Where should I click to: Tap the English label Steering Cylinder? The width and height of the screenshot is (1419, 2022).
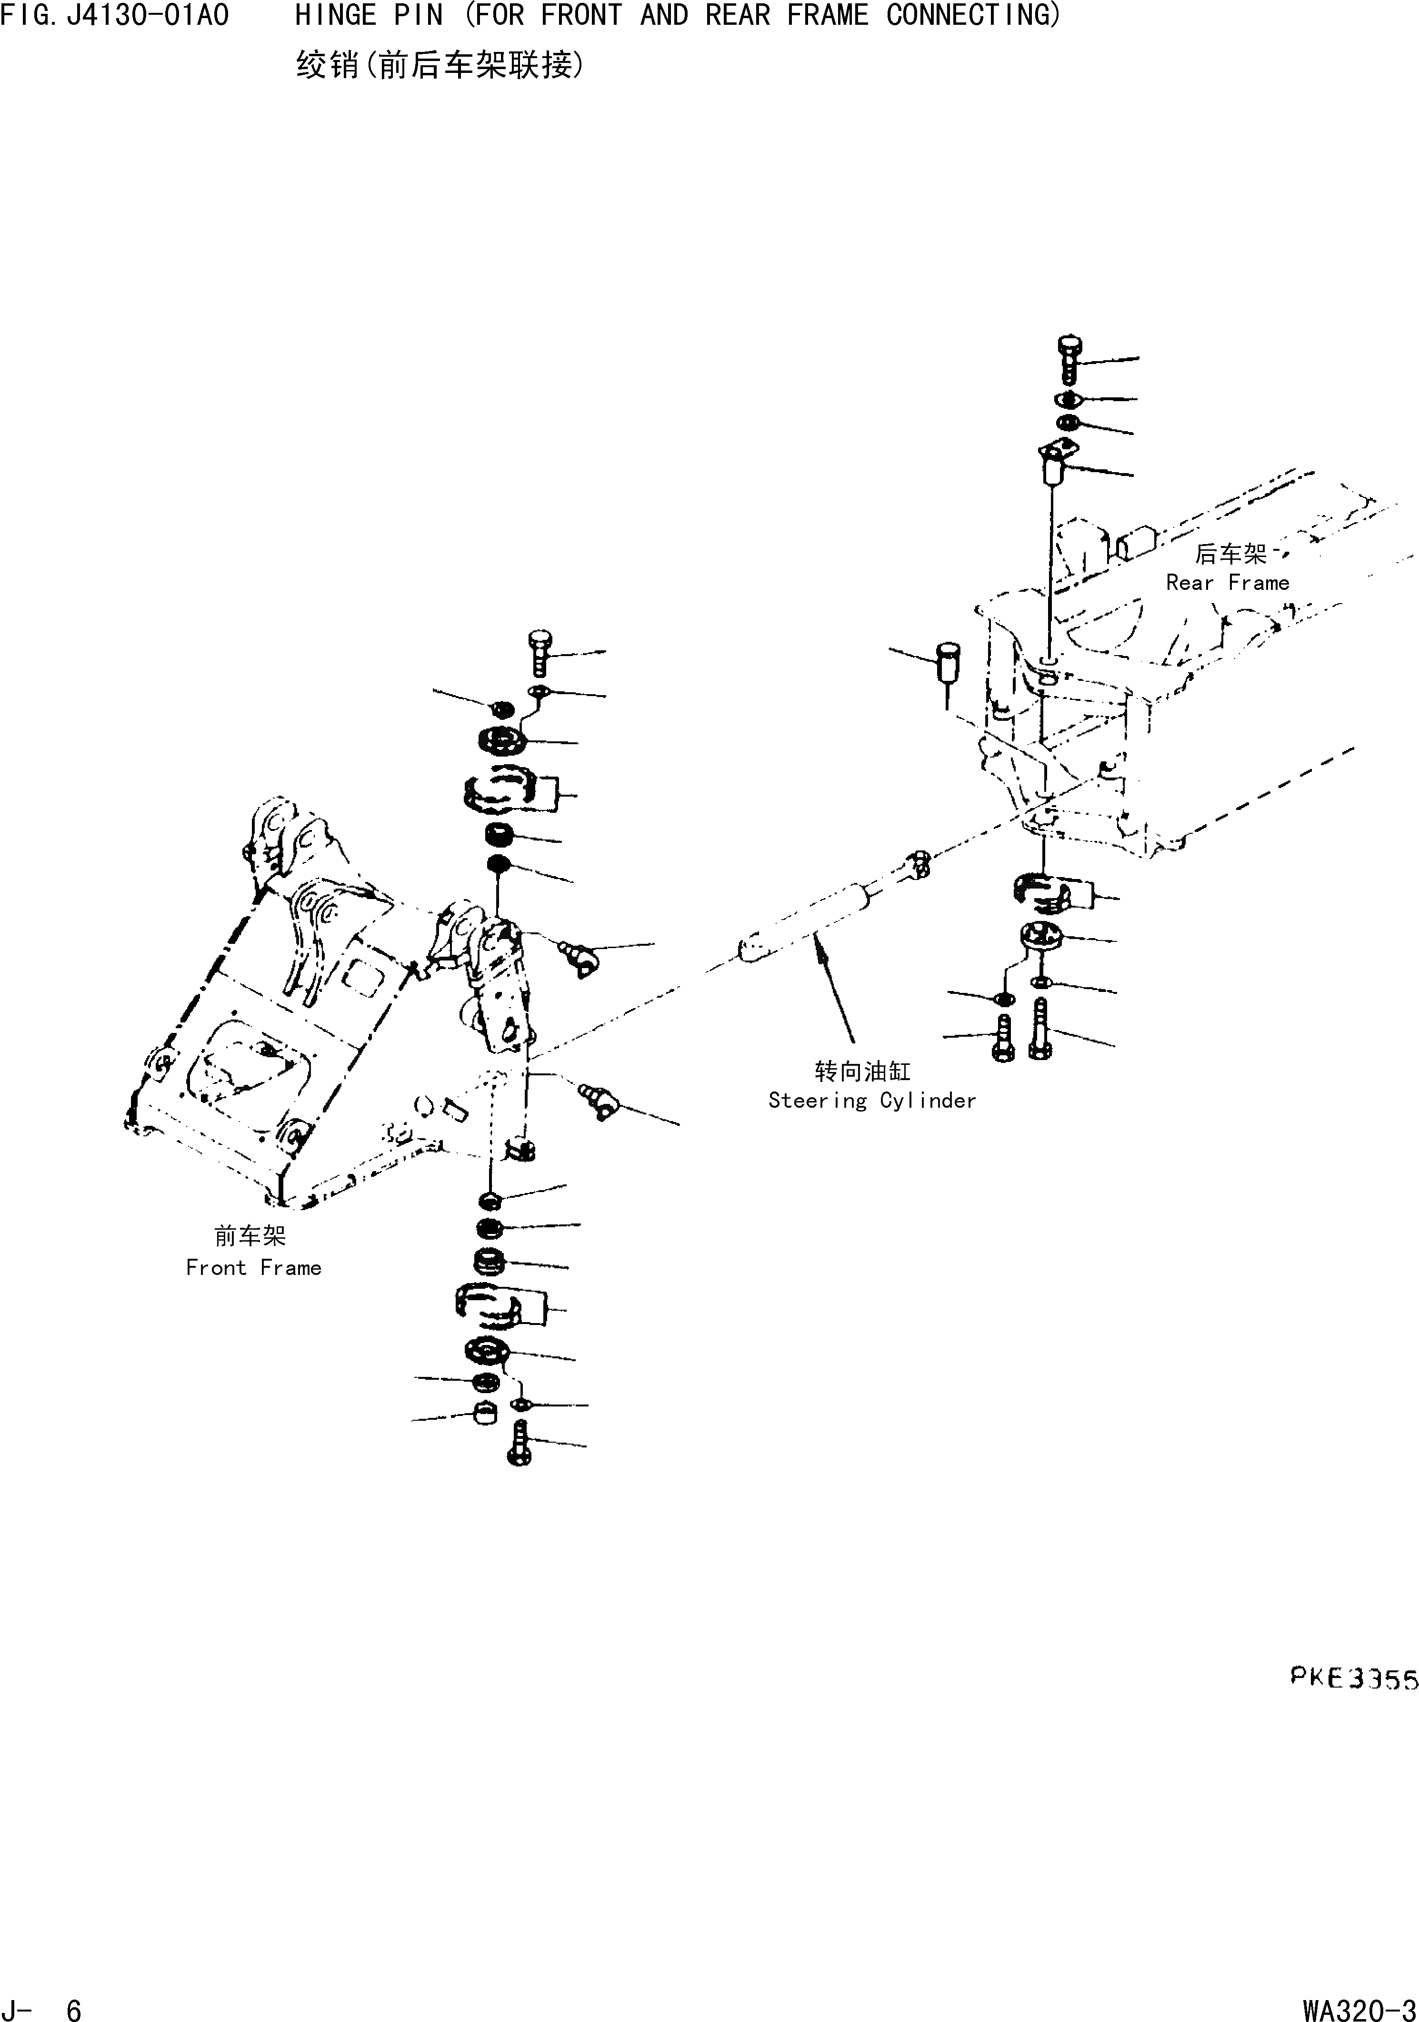[871, 1101]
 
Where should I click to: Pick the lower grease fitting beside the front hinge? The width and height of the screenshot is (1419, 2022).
[599, 1101]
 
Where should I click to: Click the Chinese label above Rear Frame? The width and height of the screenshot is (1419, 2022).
[1230, 554]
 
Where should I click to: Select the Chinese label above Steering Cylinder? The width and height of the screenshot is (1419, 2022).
[863, 1071]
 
